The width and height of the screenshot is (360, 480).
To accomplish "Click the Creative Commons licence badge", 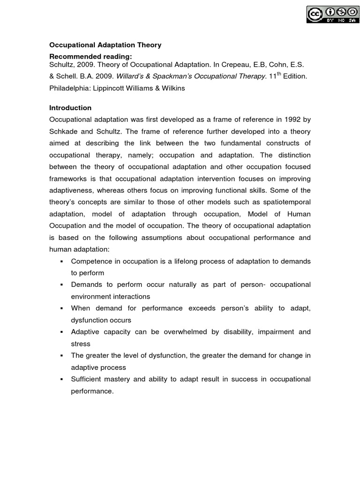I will [330, 14].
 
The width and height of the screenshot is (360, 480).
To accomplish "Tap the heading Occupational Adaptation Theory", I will [105, 45].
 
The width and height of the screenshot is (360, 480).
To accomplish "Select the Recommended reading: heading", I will [88, 56].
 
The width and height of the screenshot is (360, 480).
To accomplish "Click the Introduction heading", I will [70, 108].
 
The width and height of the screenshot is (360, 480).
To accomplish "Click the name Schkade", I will [64, 131].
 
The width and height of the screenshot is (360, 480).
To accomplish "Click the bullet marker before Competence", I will [62, 261].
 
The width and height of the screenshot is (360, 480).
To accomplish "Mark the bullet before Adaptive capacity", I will [62, 332].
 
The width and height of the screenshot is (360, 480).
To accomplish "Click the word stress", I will [81, 344].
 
